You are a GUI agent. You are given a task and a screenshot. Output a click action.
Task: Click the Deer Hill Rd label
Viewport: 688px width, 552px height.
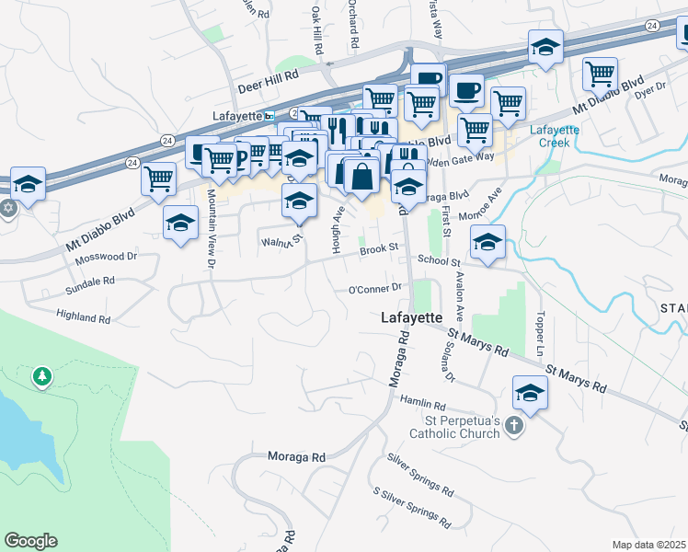click(x=269, y=86)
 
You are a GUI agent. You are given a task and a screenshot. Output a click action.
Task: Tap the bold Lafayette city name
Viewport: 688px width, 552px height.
click(x=412, y=316)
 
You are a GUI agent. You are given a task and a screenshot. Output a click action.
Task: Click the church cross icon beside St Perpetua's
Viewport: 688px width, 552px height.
click(x=513, y=427)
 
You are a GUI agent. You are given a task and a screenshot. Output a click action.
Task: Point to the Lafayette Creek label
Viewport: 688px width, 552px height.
click(x=554, y=136)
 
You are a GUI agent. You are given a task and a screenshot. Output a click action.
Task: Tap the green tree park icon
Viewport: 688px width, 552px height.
click(x=41, y=376)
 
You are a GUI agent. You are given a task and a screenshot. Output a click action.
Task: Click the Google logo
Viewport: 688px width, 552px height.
click(x=30, y=541)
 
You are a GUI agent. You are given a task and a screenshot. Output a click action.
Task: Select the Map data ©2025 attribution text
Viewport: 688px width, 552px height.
click(x=648, y=545)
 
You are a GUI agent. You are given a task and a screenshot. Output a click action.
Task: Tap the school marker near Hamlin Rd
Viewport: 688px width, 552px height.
click(x=530, y=393)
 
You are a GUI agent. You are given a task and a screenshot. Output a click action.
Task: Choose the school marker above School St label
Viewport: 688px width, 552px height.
click(x=487, y=243)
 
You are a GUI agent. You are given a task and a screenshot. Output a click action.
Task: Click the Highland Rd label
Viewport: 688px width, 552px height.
click(x=83, y=318)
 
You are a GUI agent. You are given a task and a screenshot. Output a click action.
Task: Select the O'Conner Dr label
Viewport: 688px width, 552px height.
click(x=376, y=289)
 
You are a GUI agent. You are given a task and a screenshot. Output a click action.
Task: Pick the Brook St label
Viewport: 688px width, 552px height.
click(x=378, y=248)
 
